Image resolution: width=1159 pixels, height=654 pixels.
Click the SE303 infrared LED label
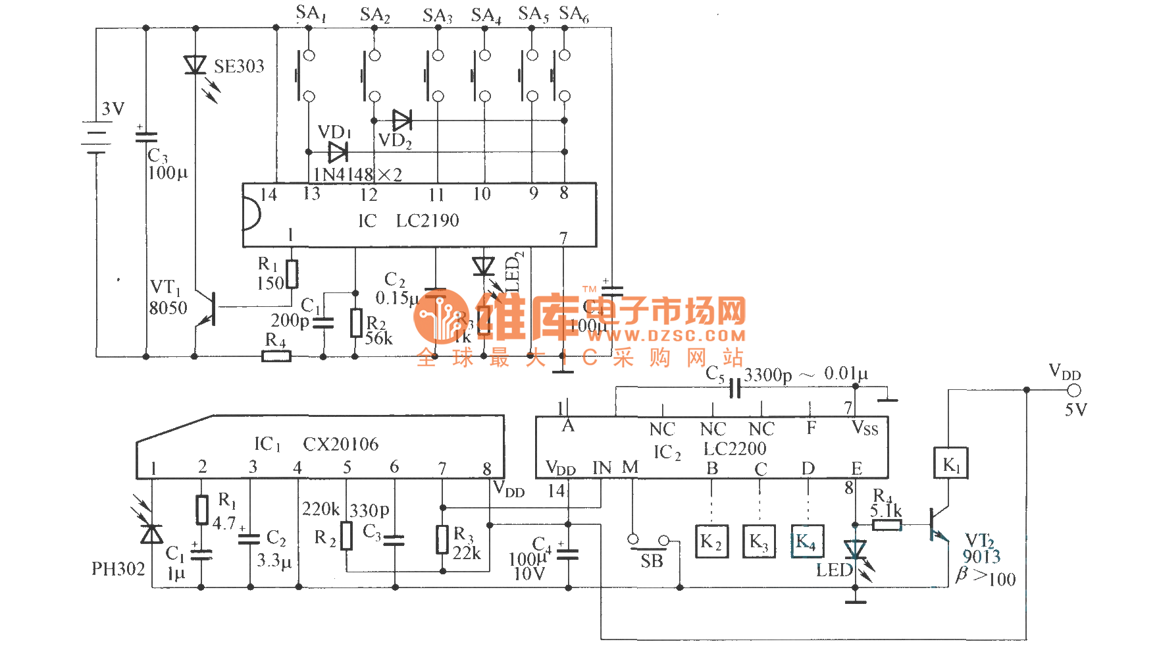239,67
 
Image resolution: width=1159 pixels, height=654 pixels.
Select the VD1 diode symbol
338,152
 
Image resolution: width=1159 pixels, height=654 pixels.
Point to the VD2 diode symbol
401,121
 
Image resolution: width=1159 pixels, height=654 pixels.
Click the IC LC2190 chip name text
409,221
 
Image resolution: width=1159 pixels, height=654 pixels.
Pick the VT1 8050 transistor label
168,298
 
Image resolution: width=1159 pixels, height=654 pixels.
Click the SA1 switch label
311,13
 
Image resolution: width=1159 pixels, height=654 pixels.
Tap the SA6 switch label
574,14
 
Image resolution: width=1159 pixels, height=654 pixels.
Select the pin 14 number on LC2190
269,195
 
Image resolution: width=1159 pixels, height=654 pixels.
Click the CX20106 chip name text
340,445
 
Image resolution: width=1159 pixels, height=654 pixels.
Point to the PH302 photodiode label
118,569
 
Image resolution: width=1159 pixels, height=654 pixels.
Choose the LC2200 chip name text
734,449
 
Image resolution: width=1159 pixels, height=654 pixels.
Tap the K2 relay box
711,541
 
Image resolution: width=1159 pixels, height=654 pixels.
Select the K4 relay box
807,541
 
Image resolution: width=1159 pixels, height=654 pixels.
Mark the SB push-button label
652,561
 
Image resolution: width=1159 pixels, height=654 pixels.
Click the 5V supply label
1076,410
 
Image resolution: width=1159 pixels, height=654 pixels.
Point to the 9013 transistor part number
981,557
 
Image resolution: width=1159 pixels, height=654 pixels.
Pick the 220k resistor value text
321,509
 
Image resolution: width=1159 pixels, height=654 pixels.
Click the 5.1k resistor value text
886,510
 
